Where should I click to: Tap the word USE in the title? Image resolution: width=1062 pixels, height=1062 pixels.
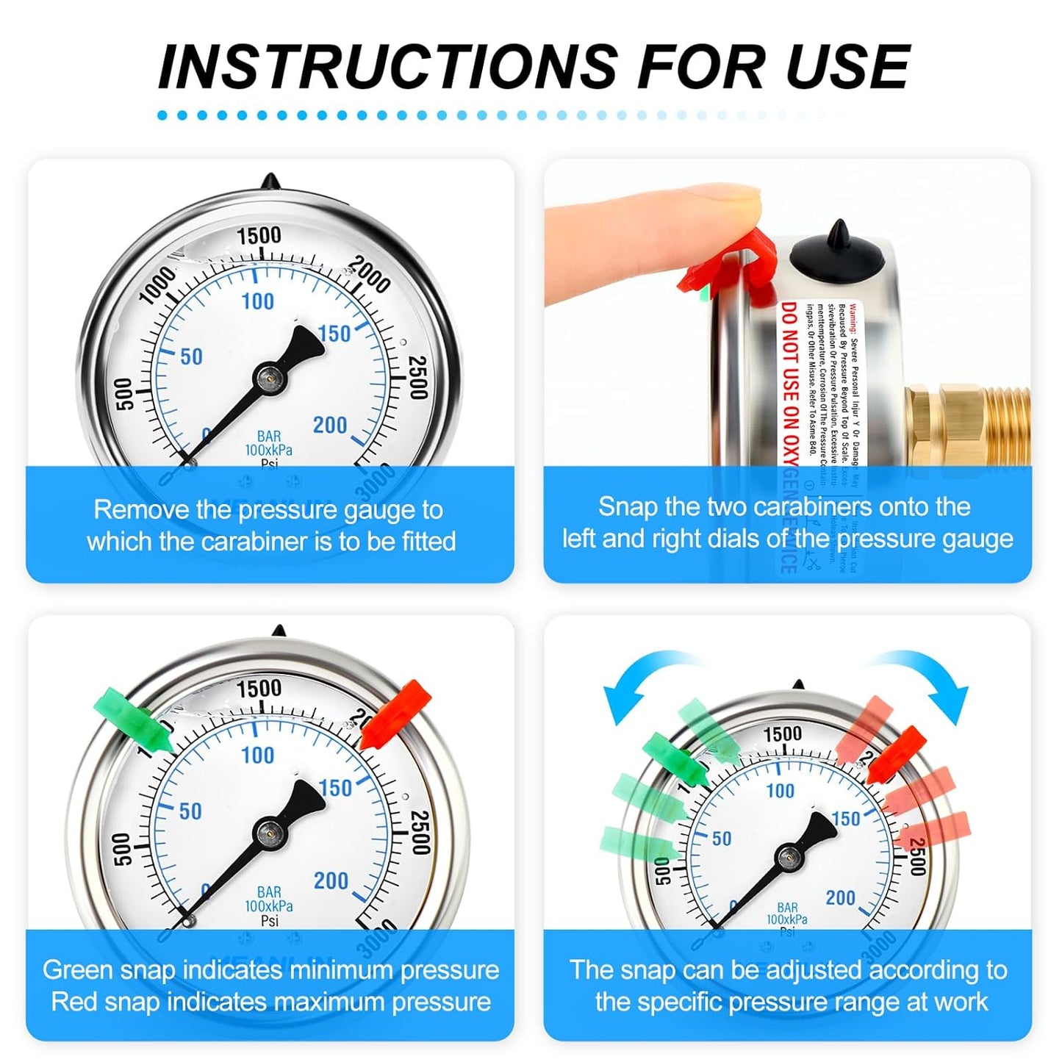pos(847,67)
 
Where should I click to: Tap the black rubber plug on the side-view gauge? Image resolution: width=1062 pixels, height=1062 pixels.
pos(837,254)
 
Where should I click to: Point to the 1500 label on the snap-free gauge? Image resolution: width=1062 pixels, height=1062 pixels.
pos(259,235)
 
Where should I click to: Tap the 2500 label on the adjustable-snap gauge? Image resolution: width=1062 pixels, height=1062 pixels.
pos(917,856)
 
